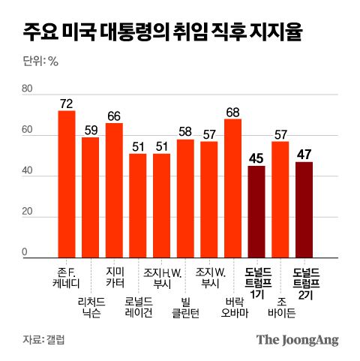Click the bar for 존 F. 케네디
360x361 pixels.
click(x=67, y=184)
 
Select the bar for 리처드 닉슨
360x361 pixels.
click(x=91, y=197)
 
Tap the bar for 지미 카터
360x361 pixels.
click(x=114, y=191)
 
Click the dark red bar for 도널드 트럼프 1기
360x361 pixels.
click(x=256, y=212)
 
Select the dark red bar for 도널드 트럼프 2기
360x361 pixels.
click(x=304, y=209)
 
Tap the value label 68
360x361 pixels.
click(x=232, y=112)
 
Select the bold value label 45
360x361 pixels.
click(x=256, y=158)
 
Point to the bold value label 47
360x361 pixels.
click(x=304, y=155)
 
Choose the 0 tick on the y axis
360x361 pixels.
click(x=25, y=252)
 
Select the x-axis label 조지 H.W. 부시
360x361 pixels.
click(x=162, y=277)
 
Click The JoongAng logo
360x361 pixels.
click(x=297, y=339)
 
